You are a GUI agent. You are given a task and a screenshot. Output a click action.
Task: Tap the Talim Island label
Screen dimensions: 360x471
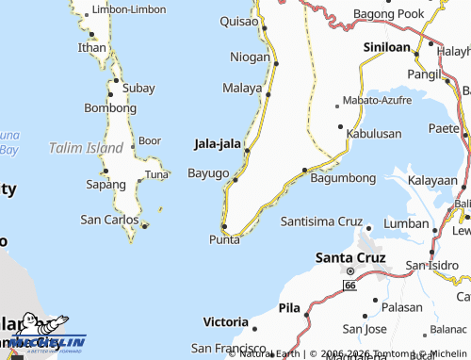click(86, 148)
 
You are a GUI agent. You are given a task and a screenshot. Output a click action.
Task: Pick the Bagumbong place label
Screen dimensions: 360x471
click(343, 177)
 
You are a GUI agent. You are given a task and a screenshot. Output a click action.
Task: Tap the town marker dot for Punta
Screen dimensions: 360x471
click(224, 226)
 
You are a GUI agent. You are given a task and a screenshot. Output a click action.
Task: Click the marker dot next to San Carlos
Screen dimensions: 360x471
click(144, 225)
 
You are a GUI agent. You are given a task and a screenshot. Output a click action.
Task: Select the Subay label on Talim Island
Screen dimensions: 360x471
click(138, 88)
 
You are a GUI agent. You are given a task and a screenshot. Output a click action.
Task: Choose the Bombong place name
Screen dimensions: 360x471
click(110, 108)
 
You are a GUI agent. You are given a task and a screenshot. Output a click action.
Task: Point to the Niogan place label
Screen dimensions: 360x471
click(250, 57)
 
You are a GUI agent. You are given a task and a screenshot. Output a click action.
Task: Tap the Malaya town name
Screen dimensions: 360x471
click(241, 88)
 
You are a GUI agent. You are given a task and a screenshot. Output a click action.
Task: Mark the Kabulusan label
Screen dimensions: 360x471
click(374, 134)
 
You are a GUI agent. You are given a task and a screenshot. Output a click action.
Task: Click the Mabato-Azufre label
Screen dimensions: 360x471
click(376, 99)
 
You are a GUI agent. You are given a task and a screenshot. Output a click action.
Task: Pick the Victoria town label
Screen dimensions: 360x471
click(225, 320)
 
